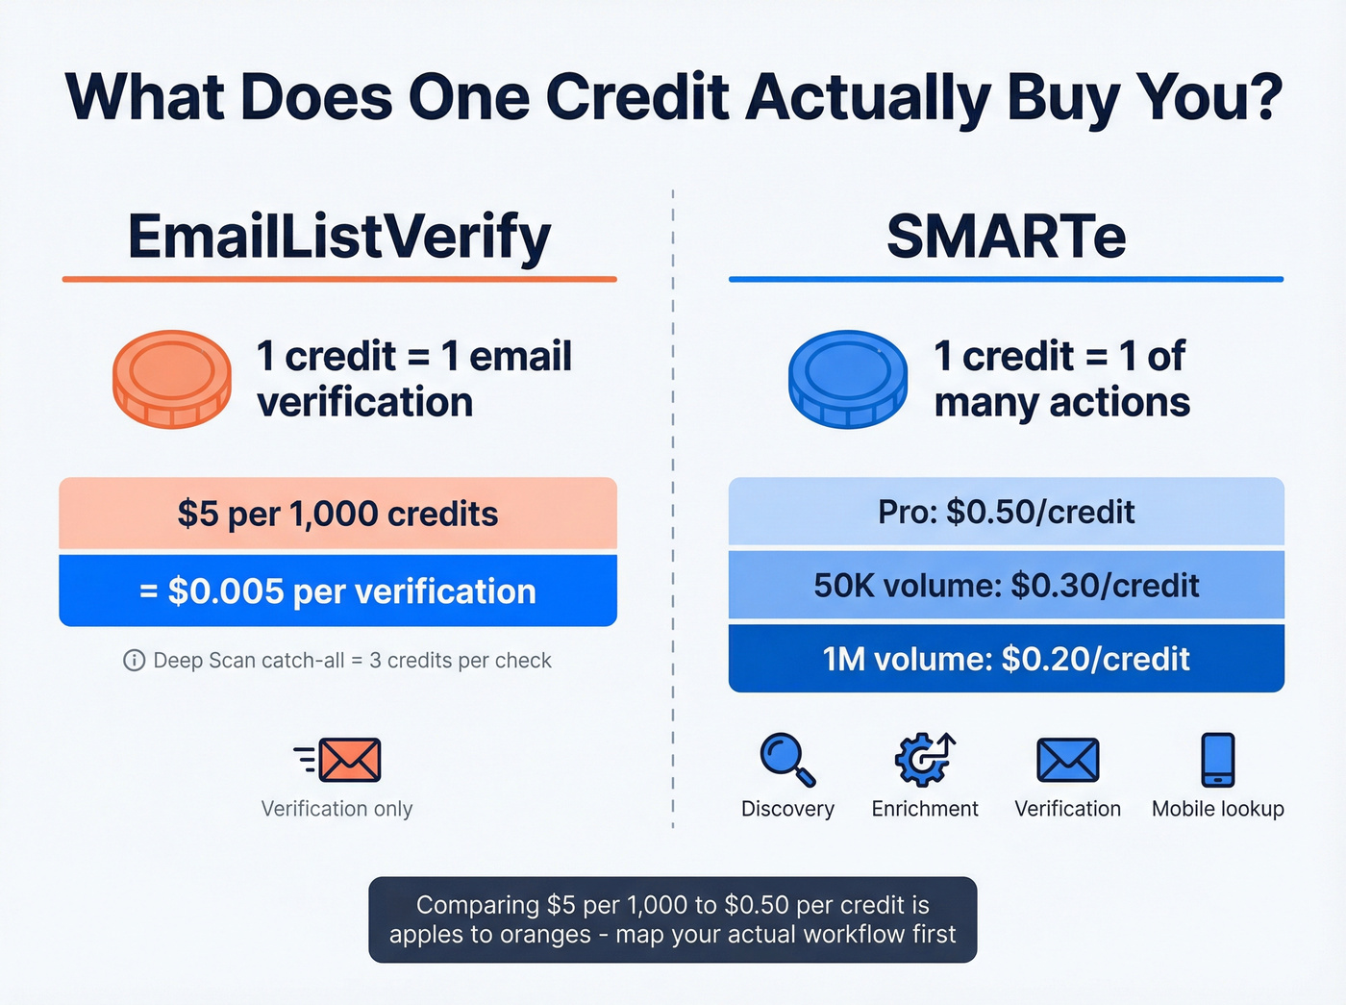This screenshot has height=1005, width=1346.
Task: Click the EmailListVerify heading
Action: click(338, 237)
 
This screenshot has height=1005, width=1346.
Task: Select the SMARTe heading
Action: click(1006, 237)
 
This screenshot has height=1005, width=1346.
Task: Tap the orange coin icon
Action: click(172, 379)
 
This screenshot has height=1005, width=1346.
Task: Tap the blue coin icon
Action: click(847, 379)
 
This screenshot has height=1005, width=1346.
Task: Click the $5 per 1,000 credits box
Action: click(337, 514)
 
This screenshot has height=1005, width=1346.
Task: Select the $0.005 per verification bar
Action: click(337, 590)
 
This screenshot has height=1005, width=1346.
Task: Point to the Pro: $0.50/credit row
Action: click(1006, 512)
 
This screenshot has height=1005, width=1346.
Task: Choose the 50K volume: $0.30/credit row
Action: click(1006, 585)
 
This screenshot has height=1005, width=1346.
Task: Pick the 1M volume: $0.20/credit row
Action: click(1006, 659)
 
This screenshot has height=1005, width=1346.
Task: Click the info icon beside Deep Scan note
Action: click(135, 661)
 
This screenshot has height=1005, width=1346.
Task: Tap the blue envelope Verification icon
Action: click(1067, 760)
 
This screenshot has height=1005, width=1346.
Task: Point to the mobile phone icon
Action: click(1218, 760)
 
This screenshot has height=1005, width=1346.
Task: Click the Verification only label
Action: click(336, 809)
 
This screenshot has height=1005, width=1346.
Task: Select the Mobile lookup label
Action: click(1218, 809)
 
